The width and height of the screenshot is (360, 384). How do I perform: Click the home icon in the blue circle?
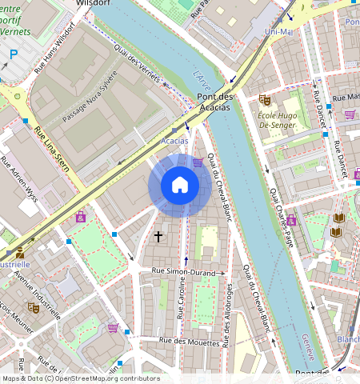(180, 186)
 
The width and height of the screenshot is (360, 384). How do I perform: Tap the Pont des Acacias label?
(214, 102)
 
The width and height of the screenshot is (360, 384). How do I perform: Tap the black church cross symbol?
(158, 237)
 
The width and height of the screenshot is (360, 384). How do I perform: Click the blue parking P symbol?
(14, 54)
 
